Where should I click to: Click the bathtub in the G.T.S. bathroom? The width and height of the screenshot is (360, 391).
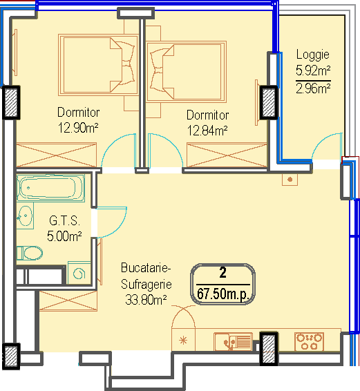(50, 188)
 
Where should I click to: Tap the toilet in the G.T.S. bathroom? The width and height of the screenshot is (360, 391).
(30, 253)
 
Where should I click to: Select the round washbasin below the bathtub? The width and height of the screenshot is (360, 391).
(25, 216)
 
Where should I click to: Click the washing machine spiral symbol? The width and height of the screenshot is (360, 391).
(79, 274)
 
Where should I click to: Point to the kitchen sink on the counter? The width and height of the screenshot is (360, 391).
(233, 341)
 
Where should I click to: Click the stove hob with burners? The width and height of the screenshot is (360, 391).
(309, 342)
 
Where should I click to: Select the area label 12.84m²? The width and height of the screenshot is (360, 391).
(207, 131)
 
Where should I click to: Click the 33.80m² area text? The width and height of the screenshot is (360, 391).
(146, 300)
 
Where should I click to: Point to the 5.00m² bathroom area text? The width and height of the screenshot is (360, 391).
(64, 236)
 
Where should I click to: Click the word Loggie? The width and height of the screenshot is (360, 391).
(313, 55)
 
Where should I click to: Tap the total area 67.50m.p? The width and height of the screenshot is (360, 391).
(223, 294)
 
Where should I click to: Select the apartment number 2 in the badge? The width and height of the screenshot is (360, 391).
(222, 273)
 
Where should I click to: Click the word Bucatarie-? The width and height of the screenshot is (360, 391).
(146, 268)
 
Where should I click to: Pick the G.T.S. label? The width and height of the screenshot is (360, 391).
(65, 220)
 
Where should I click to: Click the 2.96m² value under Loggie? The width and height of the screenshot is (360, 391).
(313, 88)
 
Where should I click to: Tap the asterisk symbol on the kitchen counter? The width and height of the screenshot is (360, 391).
(183, 341)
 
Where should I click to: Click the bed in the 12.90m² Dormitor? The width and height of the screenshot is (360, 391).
(98, 65)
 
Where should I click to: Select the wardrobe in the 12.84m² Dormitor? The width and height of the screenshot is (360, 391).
(227, 155)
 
